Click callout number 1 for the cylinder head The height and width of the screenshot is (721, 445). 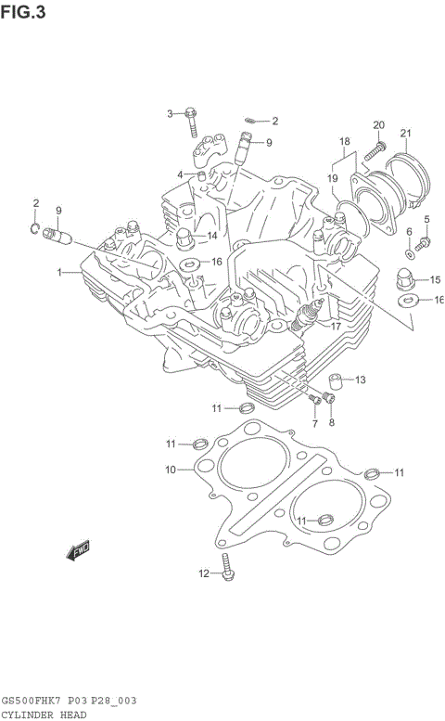[x=60, y=273]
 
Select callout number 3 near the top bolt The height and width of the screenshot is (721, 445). [x=171, y=113]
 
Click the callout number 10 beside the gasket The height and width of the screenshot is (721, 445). [x=171, y=470]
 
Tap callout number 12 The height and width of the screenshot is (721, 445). [x=204, y=573]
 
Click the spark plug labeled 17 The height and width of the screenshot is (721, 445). [x=303, y=322]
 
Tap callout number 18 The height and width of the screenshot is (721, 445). [x=345, y=142]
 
